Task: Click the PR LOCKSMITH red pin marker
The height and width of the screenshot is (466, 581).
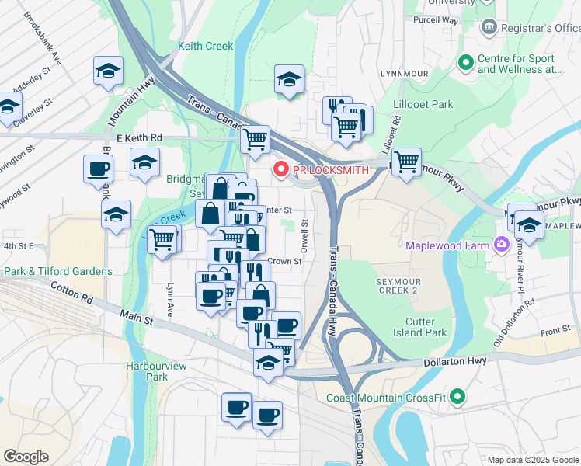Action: tap(280, 169)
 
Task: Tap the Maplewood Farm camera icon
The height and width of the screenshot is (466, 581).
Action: tap(501, 245)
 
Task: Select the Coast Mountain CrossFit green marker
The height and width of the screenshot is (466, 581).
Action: tap(457, 398)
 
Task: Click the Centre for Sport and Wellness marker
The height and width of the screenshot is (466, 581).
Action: tap(465, 63)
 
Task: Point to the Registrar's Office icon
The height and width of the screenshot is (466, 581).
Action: tap(489, 28)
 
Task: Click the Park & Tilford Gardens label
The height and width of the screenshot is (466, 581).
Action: tap(58, 271)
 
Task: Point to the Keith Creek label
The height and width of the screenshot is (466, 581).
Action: tap(205, 46)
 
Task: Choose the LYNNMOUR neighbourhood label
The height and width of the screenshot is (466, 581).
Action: tap(405, 73)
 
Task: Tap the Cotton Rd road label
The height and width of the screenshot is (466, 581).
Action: tap(73, 293)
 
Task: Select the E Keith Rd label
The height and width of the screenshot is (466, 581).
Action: tap(139, 137)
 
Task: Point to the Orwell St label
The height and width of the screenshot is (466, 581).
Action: tap(305, 233)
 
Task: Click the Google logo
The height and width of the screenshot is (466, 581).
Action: tap(26, 457)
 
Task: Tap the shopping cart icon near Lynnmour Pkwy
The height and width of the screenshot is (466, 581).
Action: tap(405, 162)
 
